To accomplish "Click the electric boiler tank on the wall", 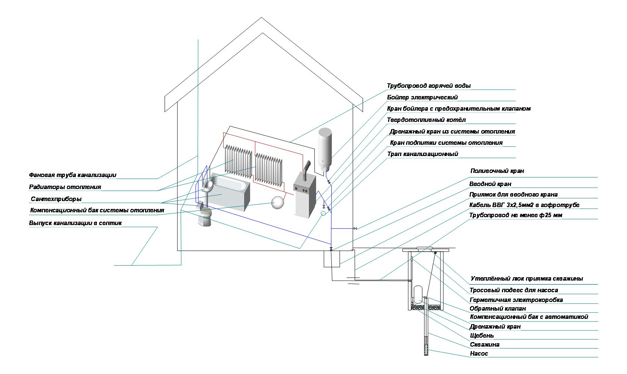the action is pyautogui.click(x=325, y=149).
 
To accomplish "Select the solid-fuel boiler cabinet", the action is pyautogui.click(x=305, y=196).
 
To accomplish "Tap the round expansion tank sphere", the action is pyautogui.click(x=278, y=202).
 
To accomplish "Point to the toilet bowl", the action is pyautogui.click(x=205, y=216).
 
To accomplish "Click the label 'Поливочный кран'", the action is pyautogui.click(x=497, y=171).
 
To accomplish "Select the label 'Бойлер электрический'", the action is pyautogui.click(x=422, y=97).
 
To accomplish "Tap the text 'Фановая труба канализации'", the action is pyautogui.click(x=73, y=175).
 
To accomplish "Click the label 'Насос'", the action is pyautogui.click(x=479, y=353).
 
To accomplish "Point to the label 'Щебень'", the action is pyautogui.click(x=482, y=335).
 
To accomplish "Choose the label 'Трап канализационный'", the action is pyautogui.click(x=423, y=154).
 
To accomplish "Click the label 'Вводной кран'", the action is pyautogui.click(x=490, y=184).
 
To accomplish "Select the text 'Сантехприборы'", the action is pyautogui.click(x=56, y=199).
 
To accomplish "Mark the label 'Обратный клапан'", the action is pyautogui.click(x=498, y=309).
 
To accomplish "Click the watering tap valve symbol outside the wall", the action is pyautogui.click(x=355, y=228).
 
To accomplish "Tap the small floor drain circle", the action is pyautogui.click(x=323, y=213).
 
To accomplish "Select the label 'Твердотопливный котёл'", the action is pyautogui.click(x=426, y=120).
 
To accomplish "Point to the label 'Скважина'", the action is pyautogui.click(x=485, y=344).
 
